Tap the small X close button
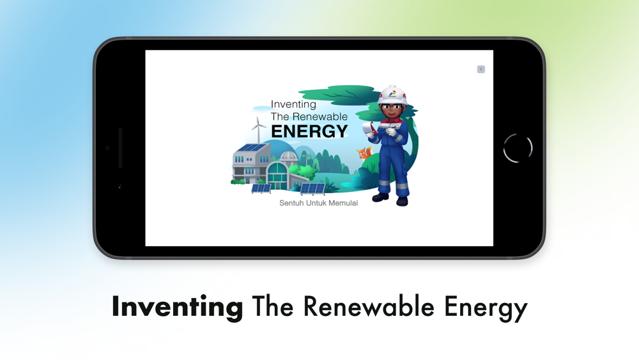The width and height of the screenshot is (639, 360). (x=481, y=69)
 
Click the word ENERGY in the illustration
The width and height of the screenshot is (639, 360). (x=309, y=131)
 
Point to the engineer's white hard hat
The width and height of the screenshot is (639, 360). (x=392, y=95)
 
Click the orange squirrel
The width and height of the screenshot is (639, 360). (x=365, y=153)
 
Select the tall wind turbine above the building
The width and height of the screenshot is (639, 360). (x=258, y=130)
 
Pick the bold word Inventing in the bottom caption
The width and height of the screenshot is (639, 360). (x=177, y=307)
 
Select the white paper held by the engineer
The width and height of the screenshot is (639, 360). (x=370, y=127)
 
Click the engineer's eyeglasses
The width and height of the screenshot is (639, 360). (x=392, y=107)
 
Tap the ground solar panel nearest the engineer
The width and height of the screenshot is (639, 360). (x=312, y=189)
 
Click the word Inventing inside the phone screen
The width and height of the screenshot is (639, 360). (x=293, y=105)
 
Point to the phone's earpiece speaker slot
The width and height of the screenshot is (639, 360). (x=120, y=148)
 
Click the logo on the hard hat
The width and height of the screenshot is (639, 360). (x=392, y=95)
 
